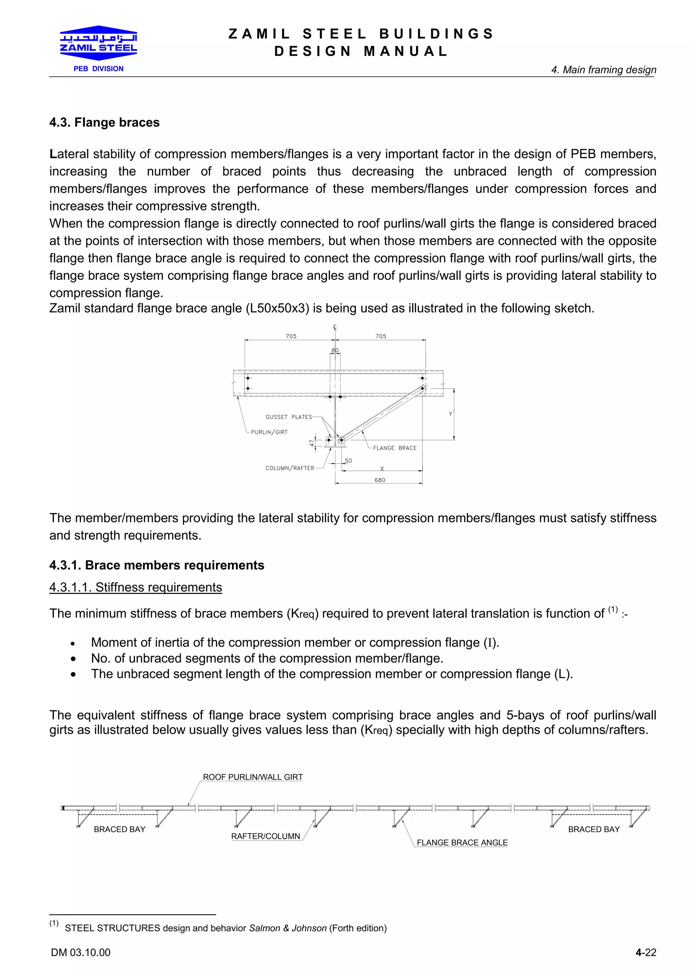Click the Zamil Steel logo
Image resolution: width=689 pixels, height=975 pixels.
click(x=99, y=42)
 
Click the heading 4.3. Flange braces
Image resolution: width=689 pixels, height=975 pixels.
click(x=104, y=122)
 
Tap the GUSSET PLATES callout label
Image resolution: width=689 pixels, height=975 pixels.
click(x=289, y=417)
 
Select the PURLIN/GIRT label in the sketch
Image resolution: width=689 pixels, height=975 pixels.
click(x=269, y=432)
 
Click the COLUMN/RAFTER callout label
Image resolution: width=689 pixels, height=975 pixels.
click(x=290, y=468)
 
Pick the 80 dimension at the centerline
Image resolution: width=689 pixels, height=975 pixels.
click(x=335, y=350)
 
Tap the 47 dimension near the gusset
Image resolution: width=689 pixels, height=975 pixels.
click(x=312, y=443)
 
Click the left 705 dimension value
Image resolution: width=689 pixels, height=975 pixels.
click(x=291, y=336)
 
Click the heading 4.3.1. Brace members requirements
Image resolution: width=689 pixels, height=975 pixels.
click(x=157, y=565)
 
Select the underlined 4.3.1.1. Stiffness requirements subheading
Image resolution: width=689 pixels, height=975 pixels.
click(x=136, y=587)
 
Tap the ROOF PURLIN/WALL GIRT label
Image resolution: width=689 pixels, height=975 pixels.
click(x=253, y=777)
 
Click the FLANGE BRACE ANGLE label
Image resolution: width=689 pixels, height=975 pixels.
click(x=462, y=842)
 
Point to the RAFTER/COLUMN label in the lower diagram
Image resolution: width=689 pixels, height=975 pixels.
click(x=265, y=836)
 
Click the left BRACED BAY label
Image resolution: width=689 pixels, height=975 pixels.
click(x=119, y=829)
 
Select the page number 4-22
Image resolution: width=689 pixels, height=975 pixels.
click(x=645, y=952)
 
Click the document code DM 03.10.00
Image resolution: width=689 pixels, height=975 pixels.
click(x=81, y=952)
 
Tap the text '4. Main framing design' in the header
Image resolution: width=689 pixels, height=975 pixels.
click(x=603, y=70)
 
